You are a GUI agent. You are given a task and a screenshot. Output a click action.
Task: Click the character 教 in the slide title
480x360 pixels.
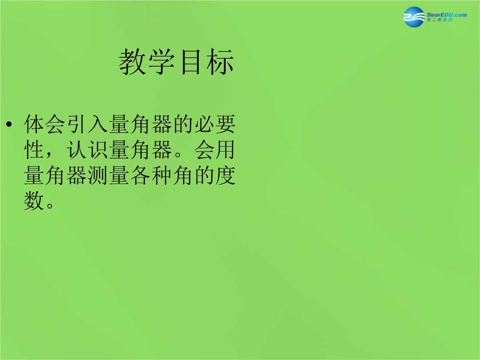[132, 62]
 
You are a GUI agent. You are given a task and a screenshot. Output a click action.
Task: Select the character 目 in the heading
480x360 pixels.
[191, 62]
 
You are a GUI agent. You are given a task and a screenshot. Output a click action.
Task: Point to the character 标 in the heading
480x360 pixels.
[220, 62]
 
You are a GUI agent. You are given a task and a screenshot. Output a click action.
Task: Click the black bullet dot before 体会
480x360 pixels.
[9, 124]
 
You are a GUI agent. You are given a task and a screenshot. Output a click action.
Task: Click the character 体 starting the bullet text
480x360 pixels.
[34, 124]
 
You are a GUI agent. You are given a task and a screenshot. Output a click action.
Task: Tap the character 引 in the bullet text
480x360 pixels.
[76, 124]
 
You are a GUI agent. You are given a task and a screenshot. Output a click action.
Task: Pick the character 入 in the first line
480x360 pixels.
[98, 124]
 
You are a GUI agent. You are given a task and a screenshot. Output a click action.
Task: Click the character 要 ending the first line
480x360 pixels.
[225, 124]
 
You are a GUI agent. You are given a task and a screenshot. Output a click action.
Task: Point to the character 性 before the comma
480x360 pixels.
[34, 150]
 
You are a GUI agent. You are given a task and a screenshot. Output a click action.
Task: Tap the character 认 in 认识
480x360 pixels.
[76, 150]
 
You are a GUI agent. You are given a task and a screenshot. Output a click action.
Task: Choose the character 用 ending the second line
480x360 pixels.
[225, 150]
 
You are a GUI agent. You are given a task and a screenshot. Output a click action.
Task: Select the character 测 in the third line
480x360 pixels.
[98, 176]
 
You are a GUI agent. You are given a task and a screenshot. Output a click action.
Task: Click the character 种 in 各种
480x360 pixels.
[162, 176]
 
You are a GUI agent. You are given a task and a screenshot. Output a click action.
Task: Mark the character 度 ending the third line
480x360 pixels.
[225, 176]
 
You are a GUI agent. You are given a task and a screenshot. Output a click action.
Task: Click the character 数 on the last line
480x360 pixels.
[34, 201]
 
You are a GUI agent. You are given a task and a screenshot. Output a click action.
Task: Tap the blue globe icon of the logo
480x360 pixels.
[414, 17]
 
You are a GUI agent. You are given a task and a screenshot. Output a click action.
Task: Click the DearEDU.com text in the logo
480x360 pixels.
[447, 15]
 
